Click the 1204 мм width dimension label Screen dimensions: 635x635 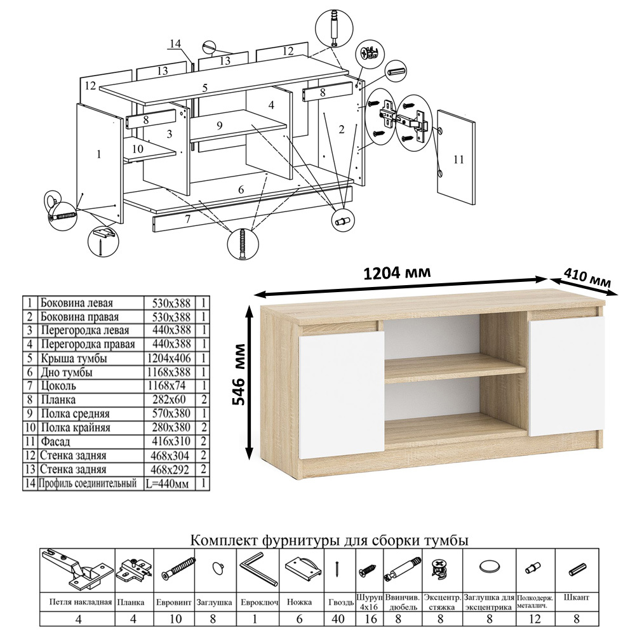pyautogui.click(x=396, y=273)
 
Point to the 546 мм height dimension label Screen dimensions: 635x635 pyautogui.click(x=239, y=375)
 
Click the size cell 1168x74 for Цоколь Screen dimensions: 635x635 pyautogui.click(x=169, y=386)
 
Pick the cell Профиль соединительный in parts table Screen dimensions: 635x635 pyautogui.click(x=88, y=483)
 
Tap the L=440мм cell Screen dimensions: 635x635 pyautogui.click(x=168, y=483)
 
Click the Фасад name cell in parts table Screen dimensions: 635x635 pyautogui.click(x=55, y=441)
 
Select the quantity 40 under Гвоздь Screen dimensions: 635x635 pyautogui.click(x=338, y=618)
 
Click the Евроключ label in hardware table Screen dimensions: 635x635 pyautogui.click(x=259, y=602)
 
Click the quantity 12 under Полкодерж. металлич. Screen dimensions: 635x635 pyautogui.click(x=535, y=618)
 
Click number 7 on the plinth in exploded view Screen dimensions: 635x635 pyautogui.click(x=187, y=218)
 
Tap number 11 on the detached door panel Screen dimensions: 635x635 pyautogui.click(x=458, y=159)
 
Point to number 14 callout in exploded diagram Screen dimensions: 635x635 pyautogui.click(x=175, y=43)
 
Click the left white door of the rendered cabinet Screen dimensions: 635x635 pyautogui.click(x=342, y=395)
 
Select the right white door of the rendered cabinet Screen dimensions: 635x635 pyautogui.click(x=566, y=377)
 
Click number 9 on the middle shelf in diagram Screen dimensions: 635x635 pyautogui.click(x=220, y=125)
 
